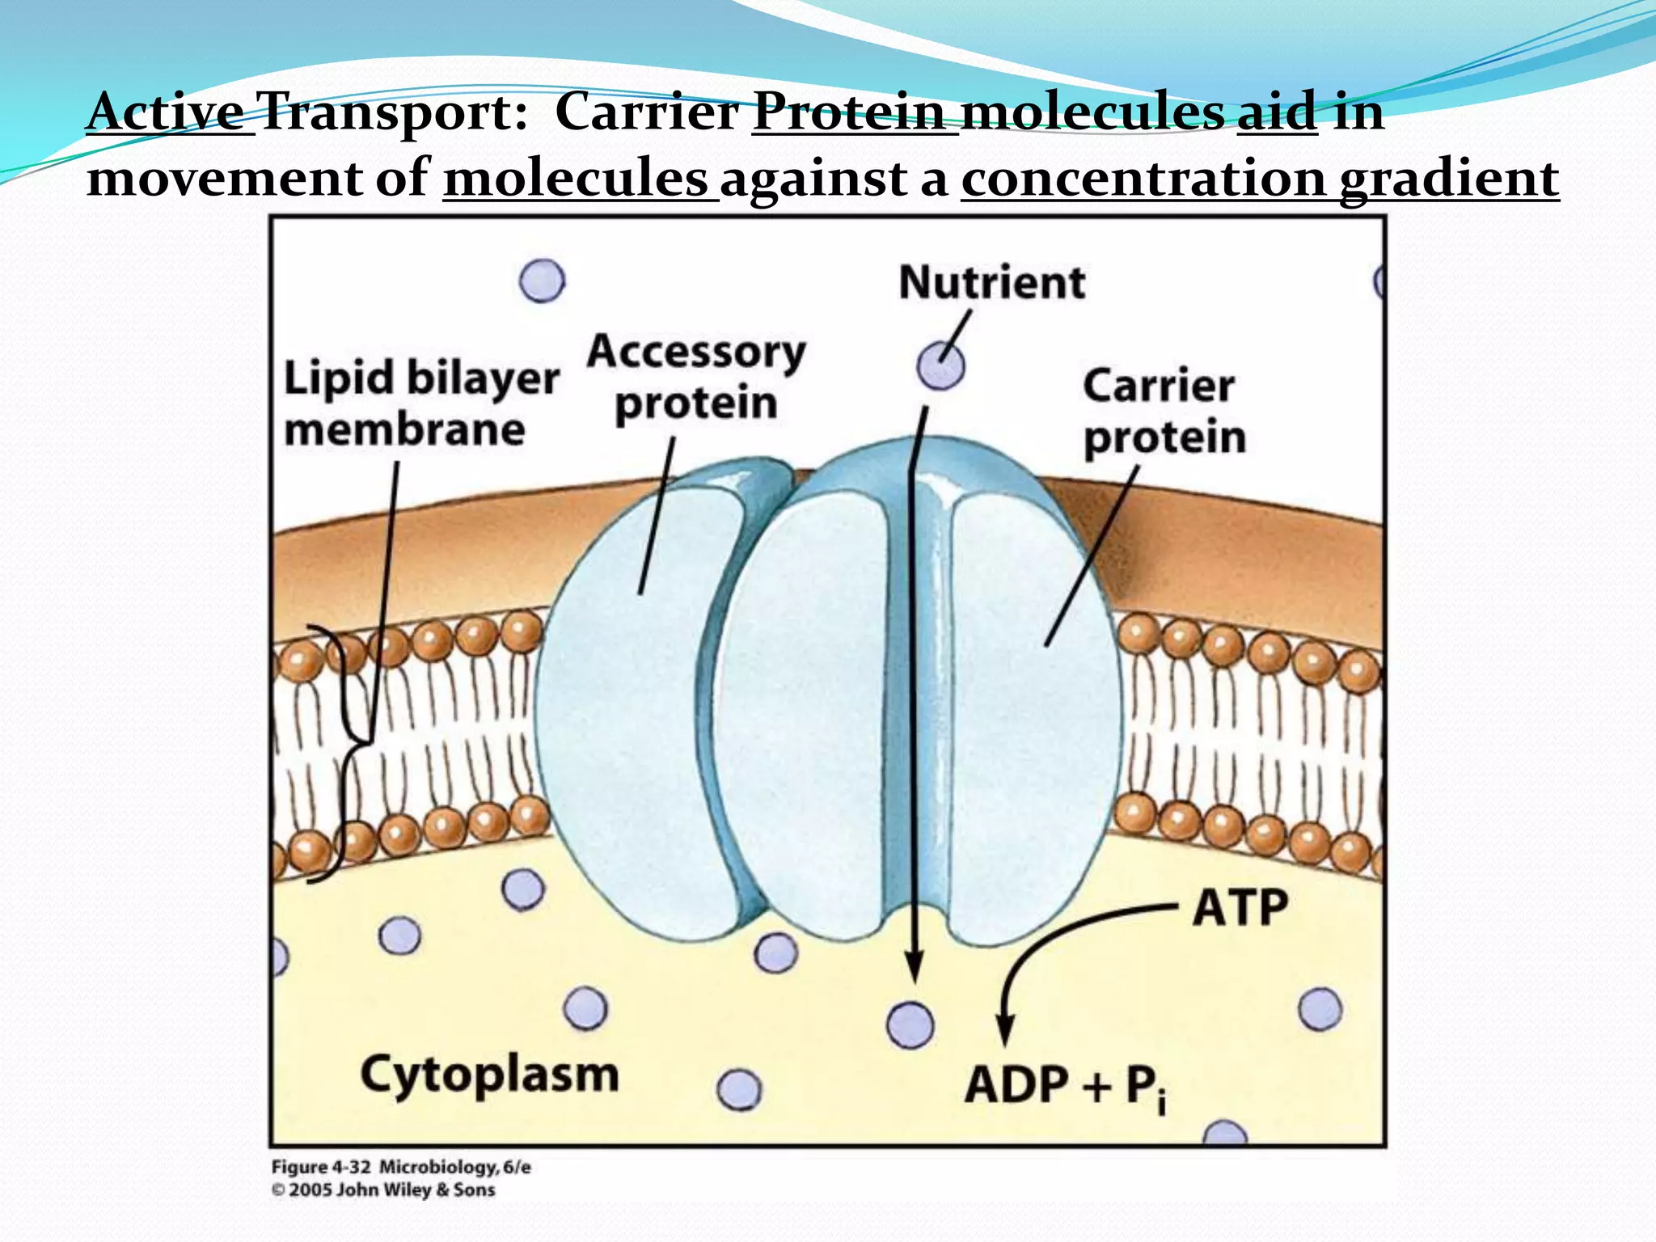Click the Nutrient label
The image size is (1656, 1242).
coord(991,283)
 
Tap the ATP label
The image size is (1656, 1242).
coord(1240,907)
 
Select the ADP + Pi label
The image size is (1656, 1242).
coord(1066,1086)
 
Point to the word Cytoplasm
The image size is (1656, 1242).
coord(489,1076)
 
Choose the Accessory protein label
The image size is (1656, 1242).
coord(696,377)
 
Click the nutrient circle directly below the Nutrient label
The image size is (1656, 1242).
coord(940,366)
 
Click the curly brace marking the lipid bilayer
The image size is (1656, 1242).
coord(344,752)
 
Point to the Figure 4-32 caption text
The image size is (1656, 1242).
coord(401,1167)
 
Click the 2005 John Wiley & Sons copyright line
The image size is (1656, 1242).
coord(383,1189)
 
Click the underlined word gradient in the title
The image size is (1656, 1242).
coord(1449,179)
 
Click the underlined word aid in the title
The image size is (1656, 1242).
coord(1277,112)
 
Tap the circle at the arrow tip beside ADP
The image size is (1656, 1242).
coord(910,1025)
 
